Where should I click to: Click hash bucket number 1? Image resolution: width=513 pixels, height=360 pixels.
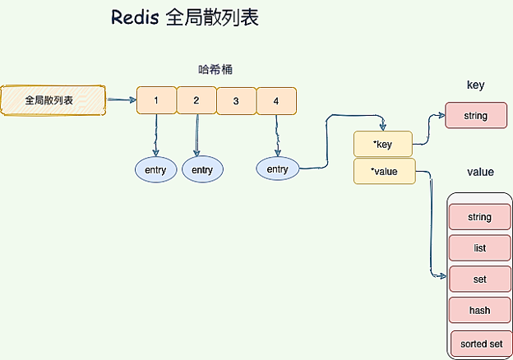(156, 100)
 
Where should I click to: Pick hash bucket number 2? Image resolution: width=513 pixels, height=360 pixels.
(196, 100)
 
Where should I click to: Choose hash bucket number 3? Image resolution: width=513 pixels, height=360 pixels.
(236, 100)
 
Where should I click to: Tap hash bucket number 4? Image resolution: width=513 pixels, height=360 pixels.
(276, 100)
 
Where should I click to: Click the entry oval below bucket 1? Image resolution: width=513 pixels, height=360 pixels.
(155, 170)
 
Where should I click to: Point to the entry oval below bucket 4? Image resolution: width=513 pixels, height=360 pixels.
(278, 169)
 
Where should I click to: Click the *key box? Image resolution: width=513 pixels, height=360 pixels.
(382, 144)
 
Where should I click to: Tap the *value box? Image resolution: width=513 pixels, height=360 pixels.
(384, 172)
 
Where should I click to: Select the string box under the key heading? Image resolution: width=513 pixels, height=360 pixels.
(475, 116)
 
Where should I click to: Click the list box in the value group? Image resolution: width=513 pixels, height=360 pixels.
(480, 247)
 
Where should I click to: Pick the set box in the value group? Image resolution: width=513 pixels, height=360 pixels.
(480, 279)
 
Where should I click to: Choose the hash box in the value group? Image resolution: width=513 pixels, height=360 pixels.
(480, 311)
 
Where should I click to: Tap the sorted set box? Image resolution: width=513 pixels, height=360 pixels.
(482, 342)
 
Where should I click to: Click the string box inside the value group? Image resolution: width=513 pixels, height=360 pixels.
(480, 217)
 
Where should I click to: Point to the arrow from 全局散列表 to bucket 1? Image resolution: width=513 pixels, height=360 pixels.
(121, 100)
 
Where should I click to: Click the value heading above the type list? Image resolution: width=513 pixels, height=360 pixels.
(480, 172)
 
